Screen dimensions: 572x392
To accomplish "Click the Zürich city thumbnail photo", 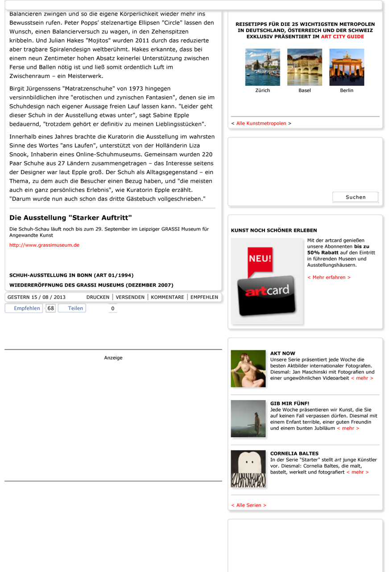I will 262,67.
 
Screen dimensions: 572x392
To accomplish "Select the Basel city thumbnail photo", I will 305,67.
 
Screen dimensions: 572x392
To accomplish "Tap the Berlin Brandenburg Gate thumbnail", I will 347,67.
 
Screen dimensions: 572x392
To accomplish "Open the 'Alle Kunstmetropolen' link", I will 261,123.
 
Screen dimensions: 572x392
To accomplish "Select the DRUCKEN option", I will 98,297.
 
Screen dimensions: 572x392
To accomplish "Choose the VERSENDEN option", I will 130,297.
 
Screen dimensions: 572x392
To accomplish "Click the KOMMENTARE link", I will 168,297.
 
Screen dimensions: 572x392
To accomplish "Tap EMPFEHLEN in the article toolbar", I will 204,297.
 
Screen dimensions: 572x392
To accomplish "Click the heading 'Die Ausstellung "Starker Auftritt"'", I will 71,218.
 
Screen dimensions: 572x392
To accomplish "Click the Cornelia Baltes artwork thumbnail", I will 248,470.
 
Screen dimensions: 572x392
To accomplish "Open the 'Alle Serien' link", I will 249,505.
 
